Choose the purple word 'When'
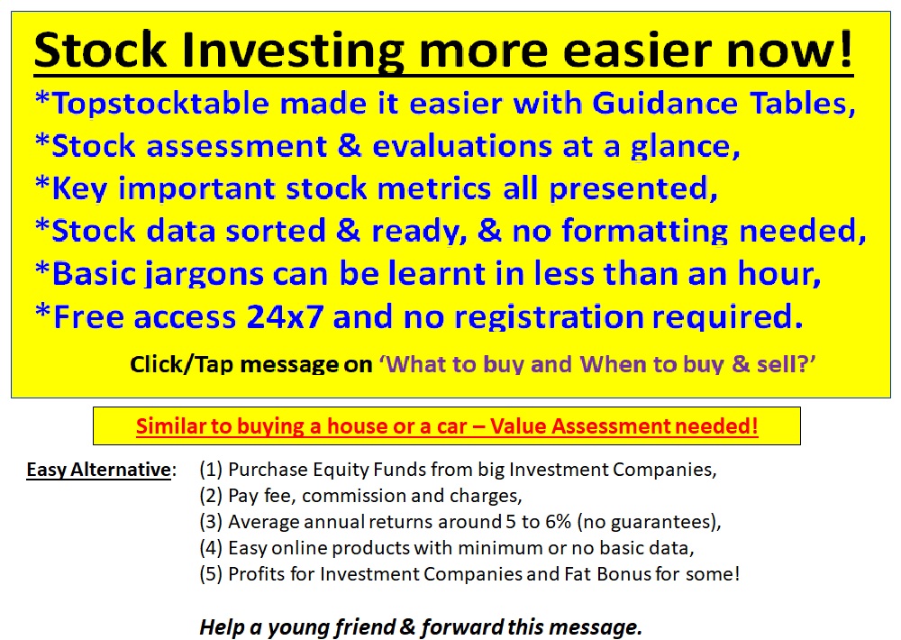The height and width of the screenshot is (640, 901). click(x=609, y=365)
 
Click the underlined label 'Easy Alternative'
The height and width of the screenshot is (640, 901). click(x=98, y=471)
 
